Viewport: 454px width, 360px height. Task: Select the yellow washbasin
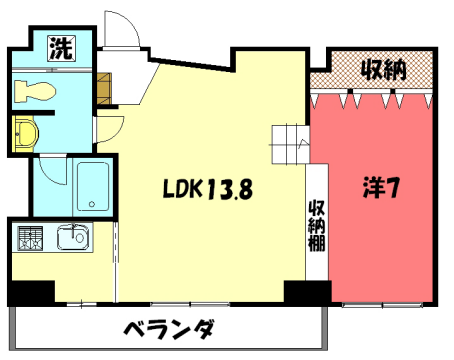[x=24, y=134]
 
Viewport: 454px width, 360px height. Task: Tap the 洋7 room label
[x=380, y=187]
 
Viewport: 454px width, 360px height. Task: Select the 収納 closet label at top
[x=383, y=70]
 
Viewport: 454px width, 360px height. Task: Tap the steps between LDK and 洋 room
[x=290, y=146]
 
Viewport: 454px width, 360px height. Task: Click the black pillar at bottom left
[x=31, y=293]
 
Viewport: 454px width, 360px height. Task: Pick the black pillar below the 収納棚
[x=306, y=293]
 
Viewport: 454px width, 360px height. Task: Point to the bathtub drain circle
[x=92, y=205]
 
